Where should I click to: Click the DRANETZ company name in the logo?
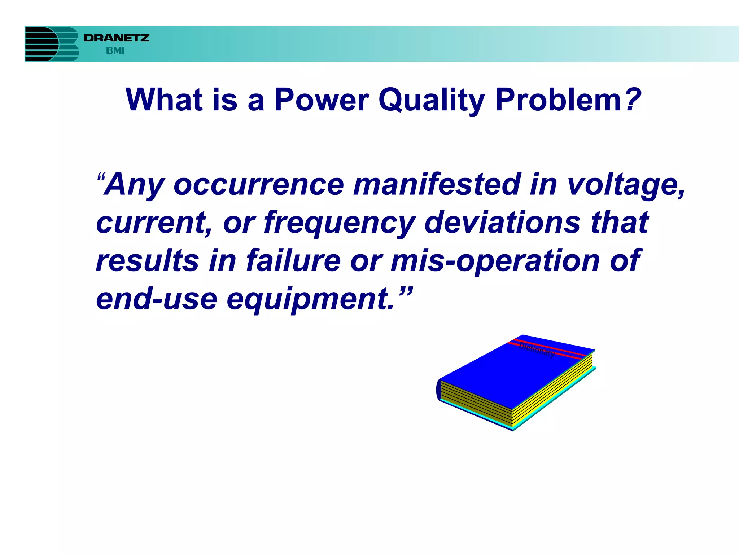tap(116, 38)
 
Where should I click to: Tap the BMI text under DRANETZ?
tap(115, 51)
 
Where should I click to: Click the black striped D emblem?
tap(41, 44)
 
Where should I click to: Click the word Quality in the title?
tap(431, 100)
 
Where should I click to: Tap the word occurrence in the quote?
tap(259, 185)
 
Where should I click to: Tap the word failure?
tap(293, 260)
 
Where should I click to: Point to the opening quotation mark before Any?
tap(101, 178)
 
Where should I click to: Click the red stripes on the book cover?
tap(548, 348)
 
